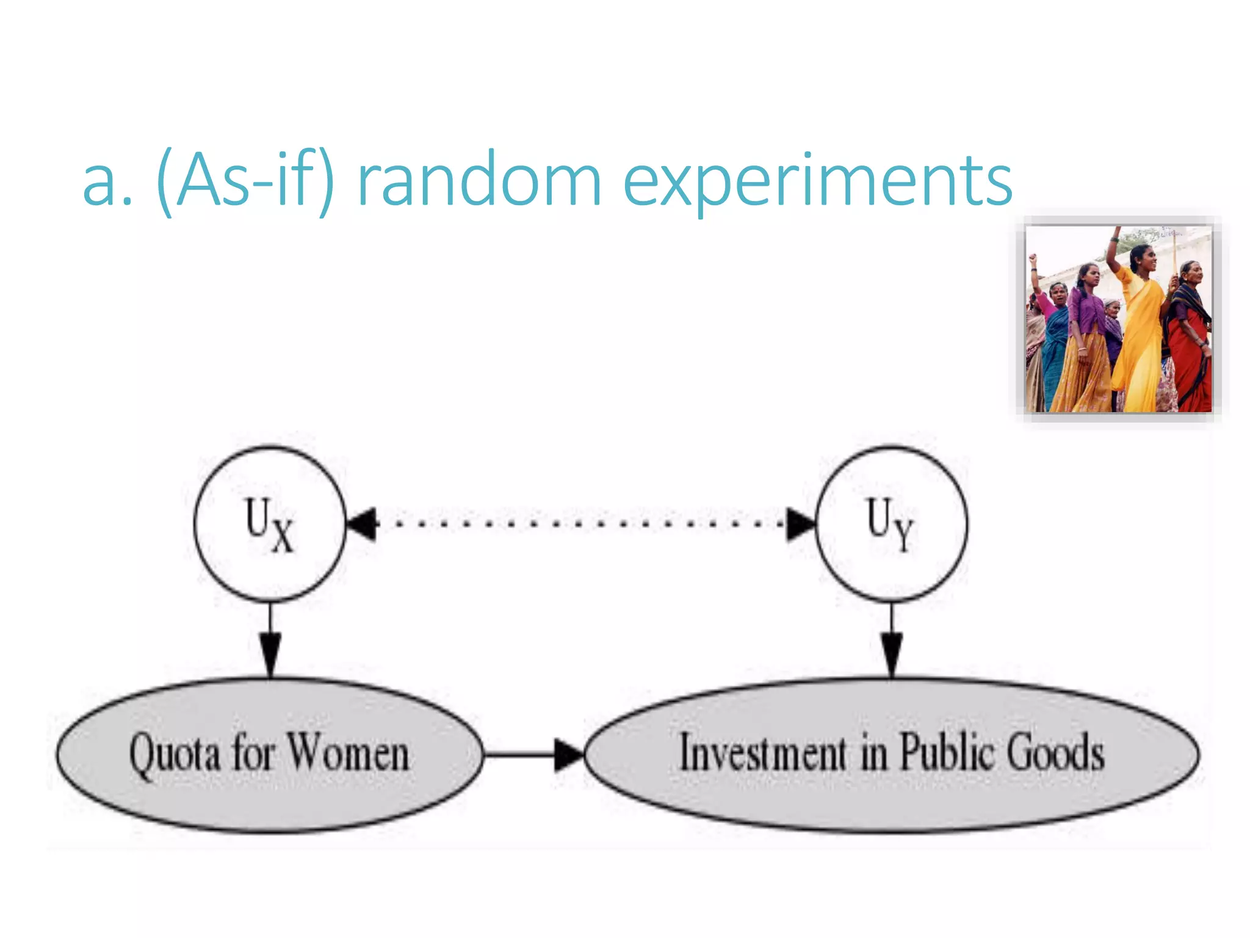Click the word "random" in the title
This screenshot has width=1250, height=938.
tap(479, 181)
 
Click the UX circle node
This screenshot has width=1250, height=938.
tap(270, 524)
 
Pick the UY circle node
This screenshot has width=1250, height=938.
tap(891, 524)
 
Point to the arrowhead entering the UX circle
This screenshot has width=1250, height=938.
tap(362, 524)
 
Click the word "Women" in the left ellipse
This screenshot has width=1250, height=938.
tap(348, 752)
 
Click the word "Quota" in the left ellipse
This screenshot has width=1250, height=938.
tap(175, 755)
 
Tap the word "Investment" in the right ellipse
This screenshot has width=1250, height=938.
tap(763, 752)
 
